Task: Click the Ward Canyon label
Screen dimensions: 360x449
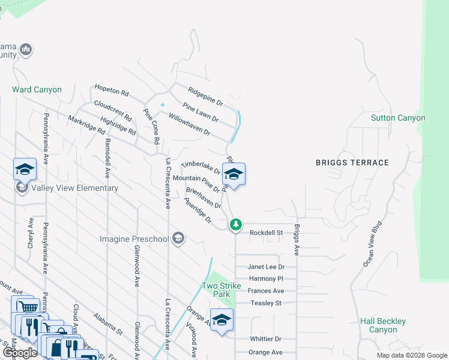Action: pyautogui.click(x=37, y=90)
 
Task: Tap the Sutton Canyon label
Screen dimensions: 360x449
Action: pyautogui.click(x=398, y=118)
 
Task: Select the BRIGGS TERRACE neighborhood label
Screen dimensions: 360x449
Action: pyautogui.click(x=353, y=163)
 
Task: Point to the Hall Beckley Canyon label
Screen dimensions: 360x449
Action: pyautogui.click(x=383, y=326)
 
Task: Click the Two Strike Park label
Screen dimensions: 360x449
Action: pyautogui.click(x=217, y=290)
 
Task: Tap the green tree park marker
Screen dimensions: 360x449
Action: pyautogui.click(x=236, y=224)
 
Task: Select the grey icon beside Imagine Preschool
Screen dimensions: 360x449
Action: pyautogui.click(x=178, y=239)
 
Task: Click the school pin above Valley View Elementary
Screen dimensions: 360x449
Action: pyautogui.click(x=25, y=170)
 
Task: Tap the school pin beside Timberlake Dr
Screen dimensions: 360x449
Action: pyautogui.click(x=234, y=175)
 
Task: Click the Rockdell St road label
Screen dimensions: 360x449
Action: pyautogui.click(x=266, y=233)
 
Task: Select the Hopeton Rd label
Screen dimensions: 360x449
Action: pyautogui.click(x=112, y=93)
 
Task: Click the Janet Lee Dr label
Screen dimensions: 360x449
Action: pyautogui.click(x=266, y=267)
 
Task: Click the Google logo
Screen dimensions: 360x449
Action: pyautogui.click(x=20, y=353)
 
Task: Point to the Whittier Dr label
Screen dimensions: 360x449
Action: pyautogui.click(x=265, y=339)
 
